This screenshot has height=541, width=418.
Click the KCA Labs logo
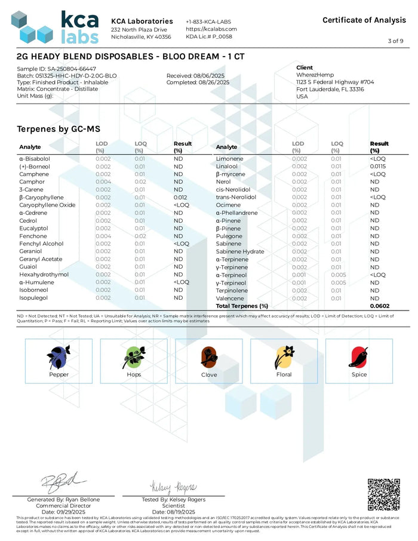(55, 27)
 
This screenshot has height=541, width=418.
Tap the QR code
(383, 494)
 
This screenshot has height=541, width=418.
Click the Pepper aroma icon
(59, 357)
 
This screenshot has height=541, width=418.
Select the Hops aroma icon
(134, 357)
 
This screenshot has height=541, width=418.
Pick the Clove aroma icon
(208, 357)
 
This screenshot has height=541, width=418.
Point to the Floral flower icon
(284, 357)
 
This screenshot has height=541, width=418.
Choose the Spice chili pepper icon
(359, 357)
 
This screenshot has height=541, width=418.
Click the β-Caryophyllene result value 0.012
(181, 197)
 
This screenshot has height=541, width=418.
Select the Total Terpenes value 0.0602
(380, 306)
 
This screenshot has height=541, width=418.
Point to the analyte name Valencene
(230, 298)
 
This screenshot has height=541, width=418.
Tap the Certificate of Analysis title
(364, 20)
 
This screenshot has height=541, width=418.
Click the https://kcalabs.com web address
(211, 29)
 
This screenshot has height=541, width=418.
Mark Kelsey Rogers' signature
(174, 487)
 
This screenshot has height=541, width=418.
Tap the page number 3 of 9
(395, 41)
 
